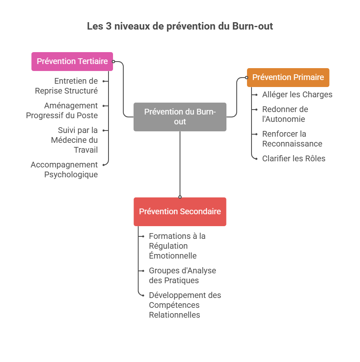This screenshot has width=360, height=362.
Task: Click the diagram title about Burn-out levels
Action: point(180,27)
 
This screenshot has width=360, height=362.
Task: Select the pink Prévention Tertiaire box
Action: point(72,62)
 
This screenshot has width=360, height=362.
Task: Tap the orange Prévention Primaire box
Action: point(288,77)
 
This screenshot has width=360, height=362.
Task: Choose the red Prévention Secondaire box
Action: point(180,212)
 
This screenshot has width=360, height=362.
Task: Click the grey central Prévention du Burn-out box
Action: point(180,117)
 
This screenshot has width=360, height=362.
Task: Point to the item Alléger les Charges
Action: point(297,95)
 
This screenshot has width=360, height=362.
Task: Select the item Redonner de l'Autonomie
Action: point(285,115)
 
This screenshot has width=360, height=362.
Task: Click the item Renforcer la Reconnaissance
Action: point(292,139)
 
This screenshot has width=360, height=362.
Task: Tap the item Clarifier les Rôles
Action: point(294,158)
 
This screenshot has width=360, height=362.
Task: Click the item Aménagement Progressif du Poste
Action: point(62,110)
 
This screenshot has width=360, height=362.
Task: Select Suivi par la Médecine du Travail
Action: point(75,140)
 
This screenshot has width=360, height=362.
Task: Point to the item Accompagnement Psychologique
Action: point(65,170)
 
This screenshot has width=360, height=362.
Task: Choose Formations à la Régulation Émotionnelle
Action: point(177,246)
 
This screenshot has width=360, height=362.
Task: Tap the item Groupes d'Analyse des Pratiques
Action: point(182,275)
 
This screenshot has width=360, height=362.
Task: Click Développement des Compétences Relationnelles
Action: point(185,305)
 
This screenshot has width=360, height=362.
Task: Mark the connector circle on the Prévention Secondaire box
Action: point(180,197)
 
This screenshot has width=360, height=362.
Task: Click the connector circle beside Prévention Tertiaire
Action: point(113,62)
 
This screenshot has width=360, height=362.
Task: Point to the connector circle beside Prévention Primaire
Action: point(247,77)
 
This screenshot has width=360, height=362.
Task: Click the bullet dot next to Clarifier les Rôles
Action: point(256,158)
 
